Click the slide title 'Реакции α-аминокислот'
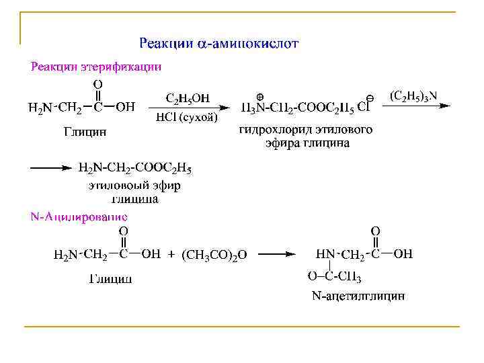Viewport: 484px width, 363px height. pos(218,44)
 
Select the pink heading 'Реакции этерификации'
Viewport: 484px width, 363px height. pos(96,67)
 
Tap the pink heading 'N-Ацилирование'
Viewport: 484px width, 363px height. pos(79,216)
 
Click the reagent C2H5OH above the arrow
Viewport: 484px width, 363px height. pos(188,99)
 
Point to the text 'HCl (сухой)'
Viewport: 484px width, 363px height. pos(187,118)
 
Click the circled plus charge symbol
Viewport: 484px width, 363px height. pos(259,96)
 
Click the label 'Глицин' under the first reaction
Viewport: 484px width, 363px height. pos(85,132)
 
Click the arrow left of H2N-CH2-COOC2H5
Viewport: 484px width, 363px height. pos(51,168)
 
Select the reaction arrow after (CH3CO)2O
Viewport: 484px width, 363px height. pos(277,254)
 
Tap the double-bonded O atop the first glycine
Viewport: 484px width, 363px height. pos(98,84)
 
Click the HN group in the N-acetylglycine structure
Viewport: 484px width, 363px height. pos(326,254)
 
